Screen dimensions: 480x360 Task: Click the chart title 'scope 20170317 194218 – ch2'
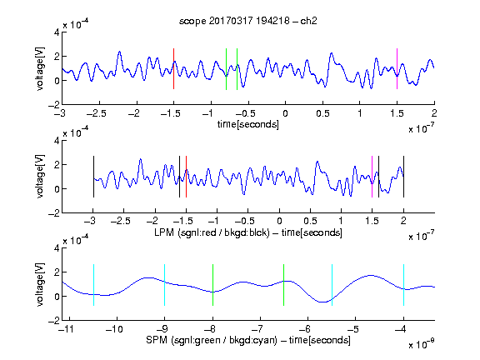[247, 21]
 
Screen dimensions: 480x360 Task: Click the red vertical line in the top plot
[173, 69]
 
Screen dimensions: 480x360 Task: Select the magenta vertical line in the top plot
[397, 69]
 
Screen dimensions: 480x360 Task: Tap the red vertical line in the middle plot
[186, 177]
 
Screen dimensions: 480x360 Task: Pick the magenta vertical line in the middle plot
[372, 177]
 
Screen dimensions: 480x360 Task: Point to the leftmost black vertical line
[93, 177]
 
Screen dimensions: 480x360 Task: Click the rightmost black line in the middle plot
[403, 177]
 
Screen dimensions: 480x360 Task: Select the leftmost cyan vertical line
[93, 285]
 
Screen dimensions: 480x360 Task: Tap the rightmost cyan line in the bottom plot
[403, 285]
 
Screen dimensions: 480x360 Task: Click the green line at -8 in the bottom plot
[212, 285]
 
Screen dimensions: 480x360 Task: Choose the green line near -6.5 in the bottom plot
[284, 285]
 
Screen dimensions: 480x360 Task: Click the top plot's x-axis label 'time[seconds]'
[248, 124]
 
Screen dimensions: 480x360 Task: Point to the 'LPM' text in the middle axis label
[164, 232]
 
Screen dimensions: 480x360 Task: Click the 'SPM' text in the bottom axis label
[157, 340]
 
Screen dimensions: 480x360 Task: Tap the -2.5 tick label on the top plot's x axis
[96, 113]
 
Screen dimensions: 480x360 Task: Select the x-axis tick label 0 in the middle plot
[279, 221]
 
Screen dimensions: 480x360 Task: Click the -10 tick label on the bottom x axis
[114, 329]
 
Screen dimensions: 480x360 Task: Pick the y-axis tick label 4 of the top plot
[57, 32]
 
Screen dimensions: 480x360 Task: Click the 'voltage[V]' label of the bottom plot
[40, 284]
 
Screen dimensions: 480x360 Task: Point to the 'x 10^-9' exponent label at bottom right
[422, 343]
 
